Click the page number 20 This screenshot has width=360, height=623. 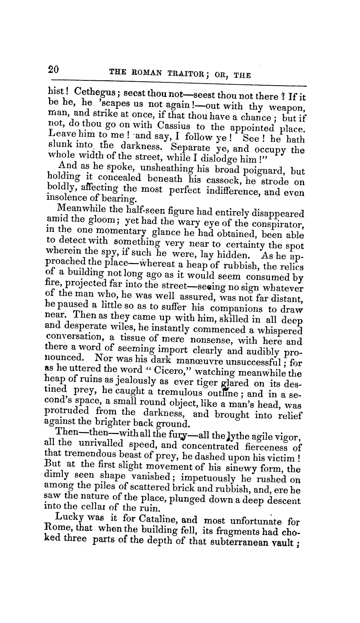pyautogui.click(x=53, y=70)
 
